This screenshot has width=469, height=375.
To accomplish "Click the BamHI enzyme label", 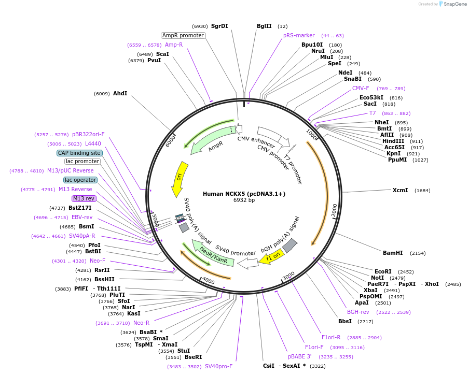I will [393, 253].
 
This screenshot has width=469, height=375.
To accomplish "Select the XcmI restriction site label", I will [400, 190].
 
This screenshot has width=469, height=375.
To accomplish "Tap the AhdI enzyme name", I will [120, 93].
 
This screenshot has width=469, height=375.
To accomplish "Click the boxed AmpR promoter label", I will [183, 35].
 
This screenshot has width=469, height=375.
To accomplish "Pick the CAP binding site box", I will [79, 153].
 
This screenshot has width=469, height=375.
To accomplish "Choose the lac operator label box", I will [80, 180].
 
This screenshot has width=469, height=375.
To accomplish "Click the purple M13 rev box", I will [84, 198].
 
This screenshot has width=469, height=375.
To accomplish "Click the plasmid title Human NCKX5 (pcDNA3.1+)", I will [244, 194].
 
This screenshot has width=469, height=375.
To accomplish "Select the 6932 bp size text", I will [244, 200].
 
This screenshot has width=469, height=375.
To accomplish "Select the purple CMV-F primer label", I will [361, 88].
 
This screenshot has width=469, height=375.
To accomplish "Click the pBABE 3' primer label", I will [300, 356].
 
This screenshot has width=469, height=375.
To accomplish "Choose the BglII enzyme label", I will [264, 26].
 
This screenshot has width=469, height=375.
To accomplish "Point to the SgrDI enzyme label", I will [219, 26].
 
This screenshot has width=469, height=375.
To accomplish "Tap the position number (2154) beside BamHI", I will [418, 253].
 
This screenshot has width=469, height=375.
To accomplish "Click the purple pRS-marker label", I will [299, 35].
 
